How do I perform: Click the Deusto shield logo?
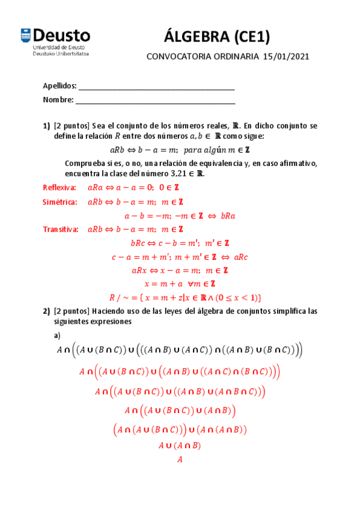27,36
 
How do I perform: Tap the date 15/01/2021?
285,57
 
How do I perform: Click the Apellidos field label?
59,86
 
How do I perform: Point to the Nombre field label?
58,100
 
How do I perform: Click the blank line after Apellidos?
156,87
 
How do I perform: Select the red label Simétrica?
59,202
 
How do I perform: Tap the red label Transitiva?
61,229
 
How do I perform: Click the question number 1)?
46,126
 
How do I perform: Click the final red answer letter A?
179,459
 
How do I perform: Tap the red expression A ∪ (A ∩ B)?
179,446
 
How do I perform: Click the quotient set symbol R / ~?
119,297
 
